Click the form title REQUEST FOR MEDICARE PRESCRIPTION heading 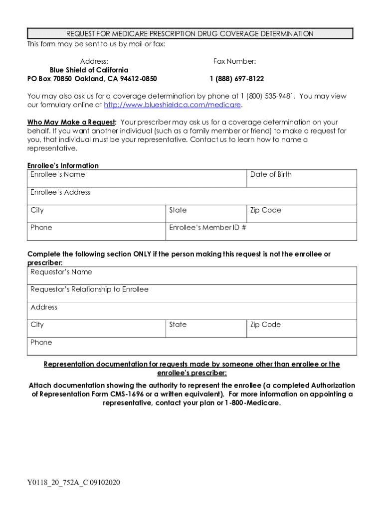[x=190, y=34]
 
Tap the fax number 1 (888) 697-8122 [x=236, y=79]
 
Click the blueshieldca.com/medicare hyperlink [x=172, y=105]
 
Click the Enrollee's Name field [x=137, y=179]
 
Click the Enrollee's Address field [x=192, y=196]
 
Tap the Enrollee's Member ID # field [x=261, y=232]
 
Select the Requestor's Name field [x=192, y=275]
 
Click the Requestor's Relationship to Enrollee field [x=192, y=293]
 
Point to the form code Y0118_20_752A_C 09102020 [x=74, y=483]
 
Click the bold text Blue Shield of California [x=89, y=70]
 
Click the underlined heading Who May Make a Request [x=71, y=123]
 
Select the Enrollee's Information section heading [x=63, y=165]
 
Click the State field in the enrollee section [x=206, y=214]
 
